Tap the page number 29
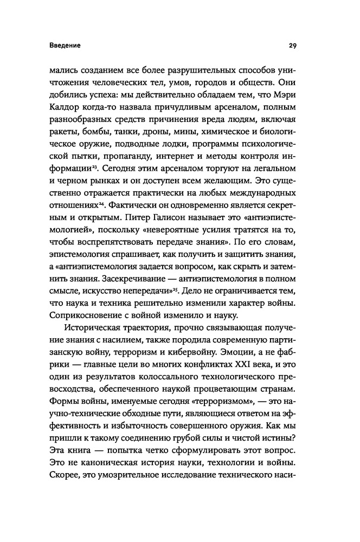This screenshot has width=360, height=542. tap(293, 46)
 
